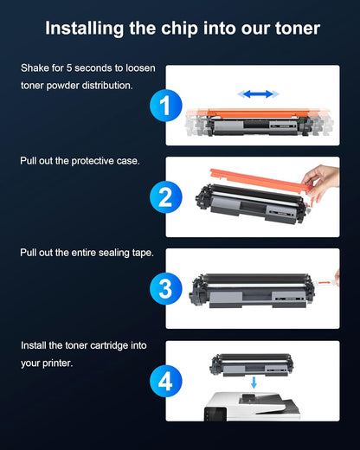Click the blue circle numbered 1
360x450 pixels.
tap(165, 107)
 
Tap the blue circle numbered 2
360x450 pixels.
tap(165, 196)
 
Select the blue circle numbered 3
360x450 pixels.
tap(165, 288)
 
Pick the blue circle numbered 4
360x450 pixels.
tap(165, 380)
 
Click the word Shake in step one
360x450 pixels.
tap(35, 67)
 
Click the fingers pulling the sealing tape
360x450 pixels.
tap(336, 279)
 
